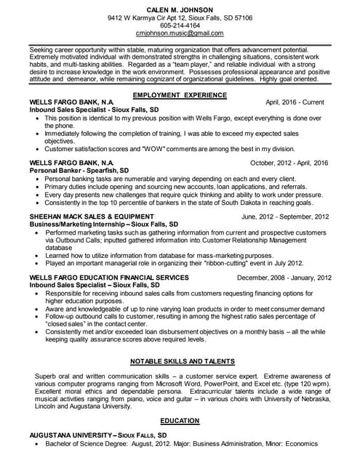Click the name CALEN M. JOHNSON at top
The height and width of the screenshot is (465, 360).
tap(180, 7)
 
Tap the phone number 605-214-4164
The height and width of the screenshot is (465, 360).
tap(180, 25)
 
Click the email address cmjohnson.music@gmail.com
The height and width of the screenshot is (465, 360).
tap(180, 33)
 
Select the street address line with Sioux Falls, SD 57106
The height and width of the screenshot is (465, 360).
tap(180, 16)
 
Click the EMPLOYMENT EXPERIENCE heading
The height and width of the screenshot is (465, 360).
tap(180, 95)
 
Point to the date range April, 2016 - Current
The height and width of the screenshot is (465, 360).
tap(295, 103)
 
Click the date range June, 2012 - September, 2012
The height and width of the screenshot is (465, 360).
tap(284, 217)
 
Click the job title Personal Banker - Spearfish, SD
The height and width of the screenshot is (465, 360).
tap(84, 171)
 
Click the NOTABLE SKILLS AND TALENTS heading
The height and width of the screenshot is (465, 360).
tap(181, 361)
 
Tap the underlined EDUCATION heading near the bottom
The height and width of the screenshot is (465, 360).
tap(180, 421)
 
